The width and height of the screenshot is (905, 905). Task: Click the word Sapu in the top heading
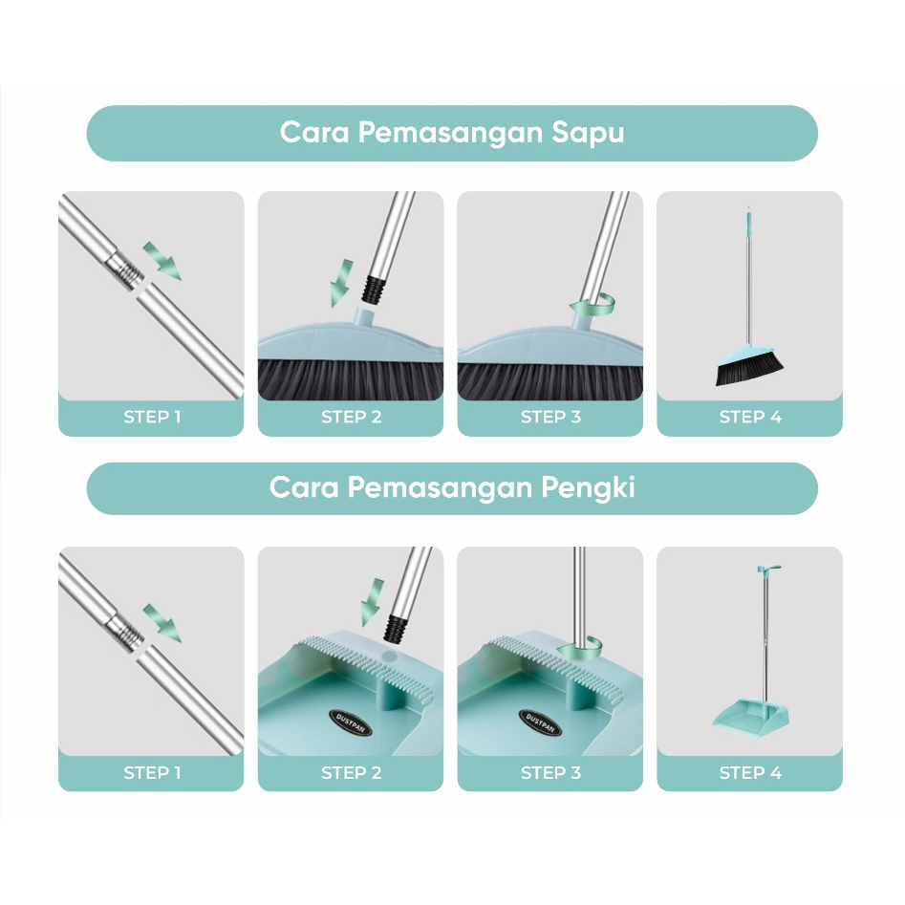pos(588,134)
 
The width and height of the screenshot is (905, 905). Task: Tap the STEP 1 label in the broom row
pos(152,417)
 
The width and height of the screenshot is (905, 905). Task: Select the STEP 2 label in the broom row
pos(351,417)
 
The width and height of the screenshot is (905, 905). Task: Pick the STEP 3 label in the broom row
pos(550,417)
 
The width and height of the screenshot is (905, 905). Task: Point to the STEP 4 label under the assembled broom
pos(750,417)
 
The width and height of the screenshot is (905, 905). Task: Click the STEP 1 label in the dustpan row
pos(152,772)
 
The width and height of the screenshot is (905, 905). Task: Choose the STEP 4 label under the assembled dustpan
pos(750,772)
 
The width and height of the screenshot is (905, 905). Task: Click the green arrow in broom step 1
pos(162,261)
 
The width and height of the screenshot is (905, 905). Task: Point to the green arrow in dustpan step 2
pos(372,601)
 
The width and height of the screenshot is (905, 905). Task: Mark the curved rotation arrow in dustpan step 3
pos(579,648)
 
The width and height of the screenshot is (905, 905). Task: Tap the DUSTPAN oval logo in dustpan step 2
pos(351,722)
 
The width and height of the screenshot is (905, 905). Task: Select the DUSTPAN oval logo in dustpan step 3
pos(540,722)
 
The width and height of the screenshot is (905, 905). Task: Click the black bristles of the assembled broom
pos(749,370)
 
